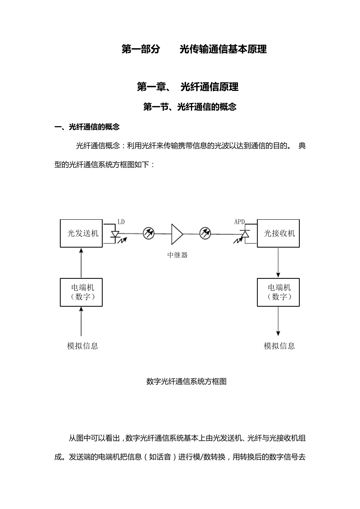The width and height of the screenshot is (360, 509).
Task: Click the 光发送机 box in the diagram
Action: (x=81, y=233)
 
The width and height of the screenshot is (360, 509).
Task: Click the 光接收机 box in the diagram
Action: (x=279, y=233)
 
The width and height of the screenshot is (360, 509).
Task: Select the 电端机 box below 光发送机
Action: (x=81, y=292)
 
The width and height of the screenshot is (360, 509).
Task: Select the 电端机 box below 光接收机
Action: (x=279, y=292)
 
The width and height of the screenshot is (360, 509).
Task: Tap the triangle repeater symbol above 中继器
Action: (x=177, y=234)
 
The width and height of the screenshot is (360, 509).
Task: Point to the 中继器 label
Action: (x=177, y=255)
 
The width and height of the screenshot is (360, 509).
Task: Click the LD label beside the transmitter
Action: (x=121, y=222)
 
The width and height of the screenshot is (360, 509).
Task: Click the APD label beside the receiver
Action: (x=239, y=222)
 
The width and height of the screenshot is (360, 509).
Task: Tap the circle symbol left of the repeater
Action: (x=149, y=233)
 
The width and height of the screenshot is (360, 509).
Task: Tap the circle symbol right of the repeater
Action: (x=205, y=233)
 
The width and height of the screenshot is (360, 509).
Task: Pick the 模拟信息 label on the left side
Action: (x=83, y=346)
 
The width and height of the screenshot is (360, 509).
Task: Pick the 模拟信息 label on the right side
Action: (x=279, y=346)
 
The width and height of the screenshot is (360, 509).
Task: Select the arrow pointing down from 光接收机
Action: (x=279, y=263)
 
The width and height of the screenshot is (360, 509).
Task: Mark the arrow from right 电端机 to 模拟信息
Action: (x=279, y=321)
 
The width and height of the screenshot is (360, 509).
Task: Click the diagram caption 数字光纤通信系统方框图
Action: (x=186, y=382)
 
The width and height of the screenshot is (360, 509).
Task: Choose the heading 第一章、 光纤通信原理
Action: (x=188, y=87)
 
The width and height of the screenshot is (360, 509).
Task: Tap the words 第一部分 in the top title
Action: (x=141, y=49)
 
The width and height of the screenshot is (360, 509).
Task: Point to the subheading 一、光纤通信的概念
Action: (x=87, y=127)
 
